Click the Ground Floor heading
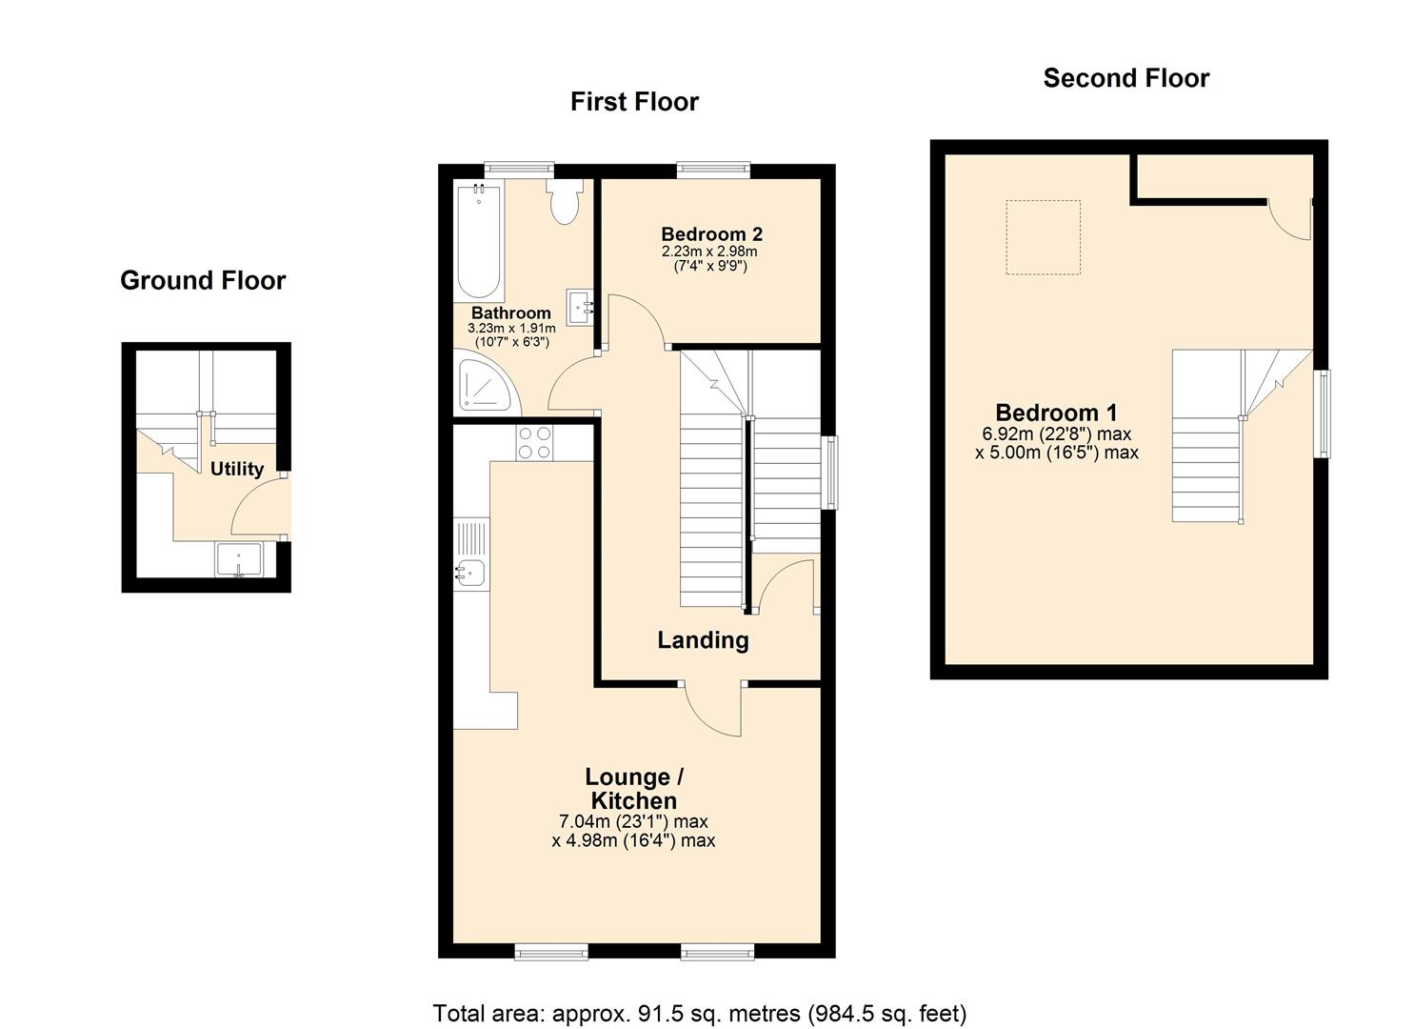coord(203,280)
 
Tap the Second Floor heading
coord(1125,78)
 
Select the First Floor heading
coord(634,102)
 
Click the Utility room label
coord(236,469)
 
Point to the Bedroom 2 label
coord(711,234)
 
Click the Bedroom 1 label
coord(1056,413)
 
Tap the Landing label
coord(703,640)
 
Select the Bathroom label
coord(511,313)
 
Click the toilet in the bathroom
coord(566,202)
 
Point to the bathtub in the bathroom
coord(479,242)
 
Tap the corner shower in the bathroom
coord(488,383)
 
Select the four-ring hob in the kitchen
coord(533,443)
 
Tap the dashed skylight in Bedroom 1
coord(1044,237)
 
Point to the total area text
coord(700,1013)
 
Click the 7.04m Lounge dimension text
coord(633,821)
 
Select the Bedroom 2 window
coord(713,170)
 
